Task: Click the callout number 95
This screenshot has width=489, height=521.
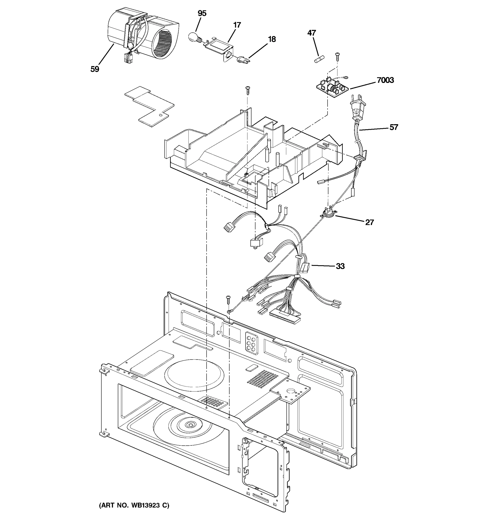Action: point(202,13)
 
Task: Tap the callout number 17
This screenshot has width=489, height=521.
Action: point(237,25)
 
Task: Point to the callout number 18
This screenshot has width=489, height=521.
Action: point(272,39)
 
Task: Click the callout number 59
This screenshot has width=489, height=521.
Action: point(95,69)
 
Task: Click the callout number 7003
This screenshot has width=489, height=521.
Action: point(385,80)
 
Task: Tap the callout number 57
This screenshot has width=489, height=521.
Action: point(394,127)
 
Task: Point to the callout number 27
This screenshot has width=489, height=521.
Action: point(369,223)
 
